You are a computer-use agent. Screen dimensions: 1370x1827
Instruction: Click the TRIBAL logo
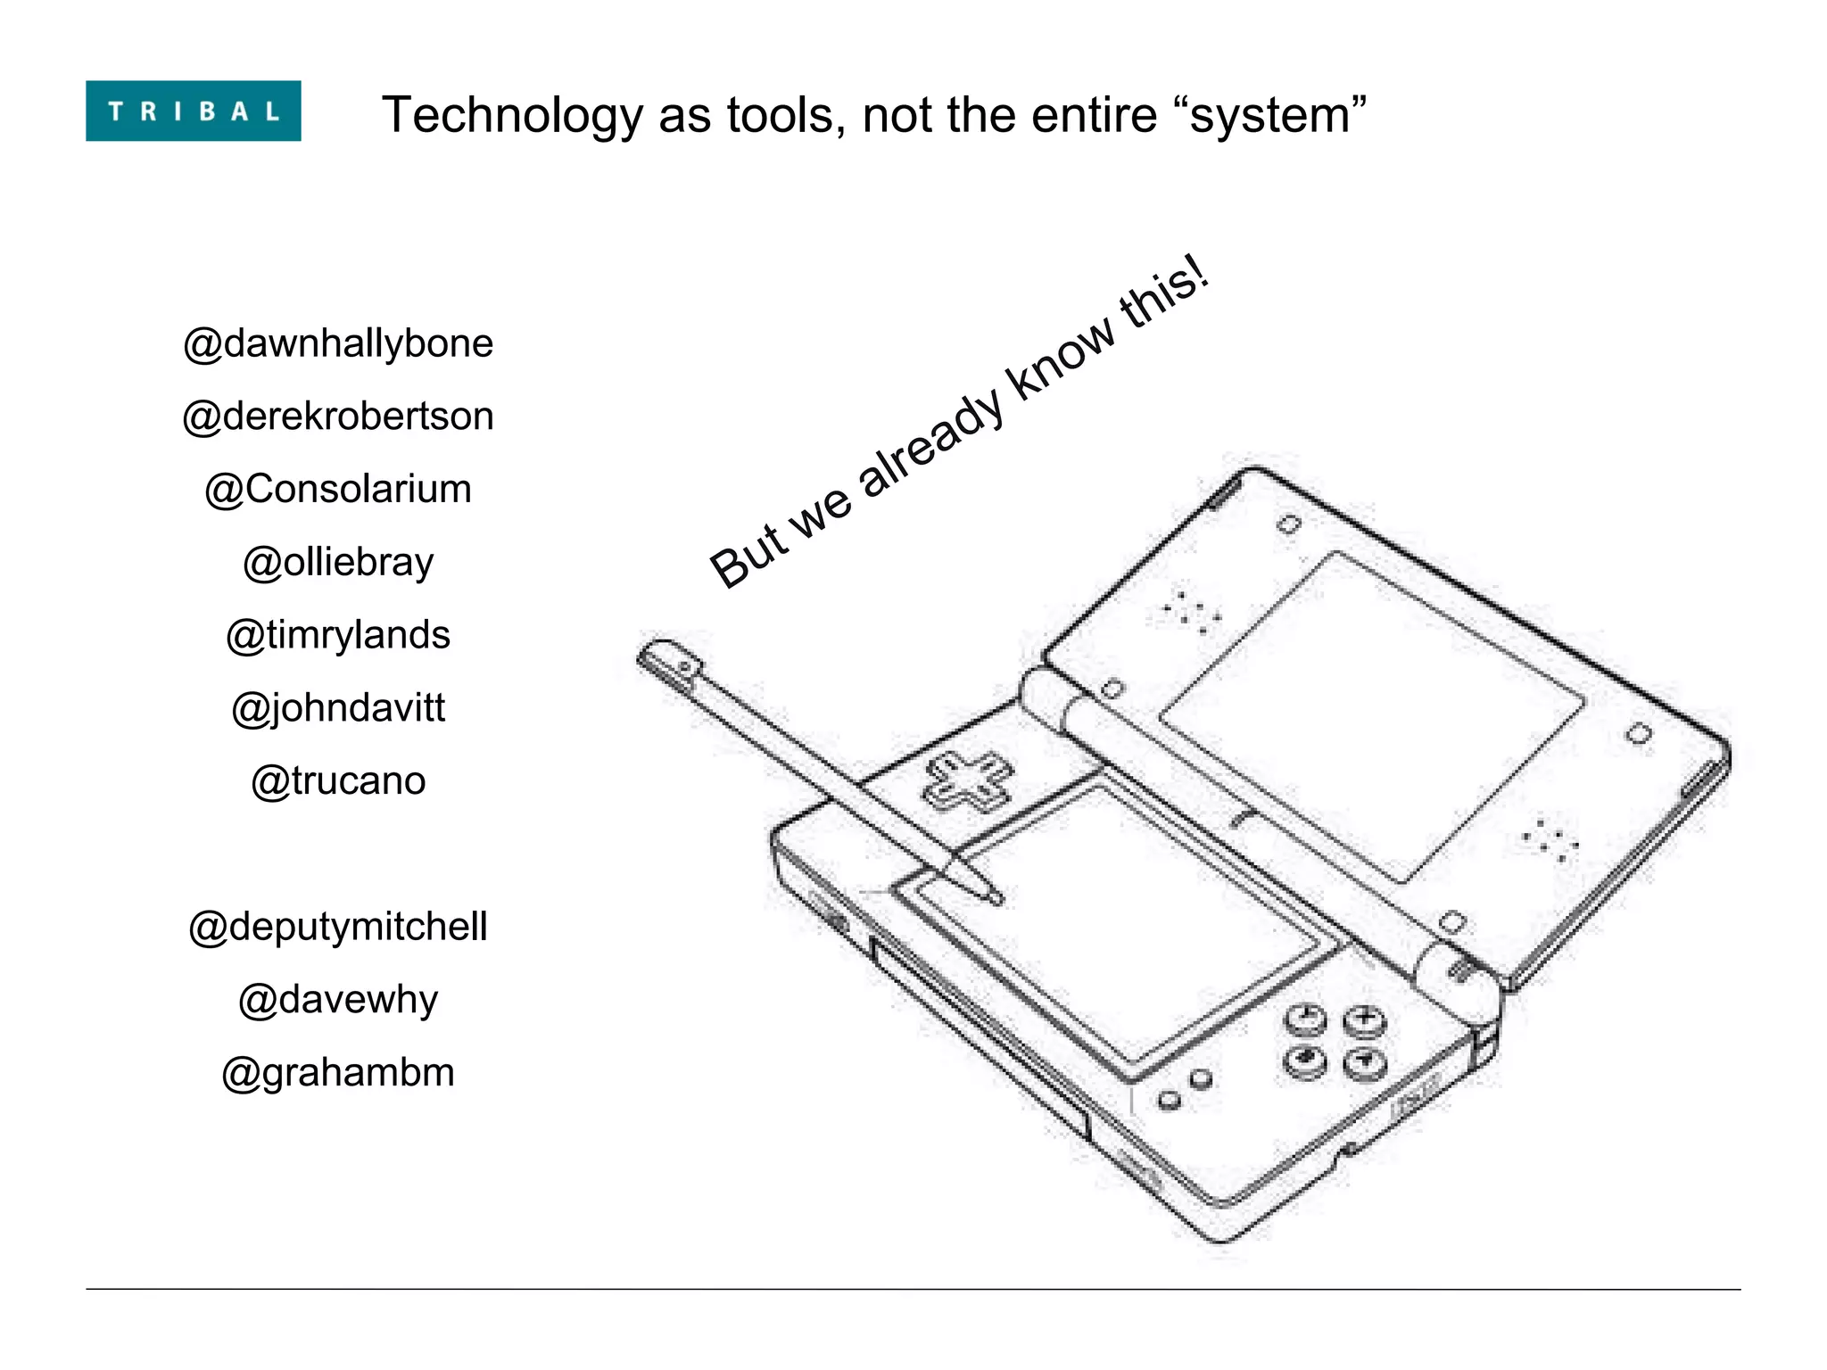pos(193,111)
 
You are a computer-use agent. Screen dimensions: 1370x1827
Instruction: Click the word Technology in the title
pos(512,116)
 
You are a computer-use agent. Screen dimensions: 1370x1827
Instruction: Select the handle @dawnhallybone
pos(338,343)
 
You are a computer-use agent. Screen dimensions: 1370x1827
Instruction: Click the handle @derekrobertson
pos(338,417)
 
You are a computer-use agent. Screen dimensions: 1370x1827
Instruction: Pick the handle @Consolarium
pos(338,490)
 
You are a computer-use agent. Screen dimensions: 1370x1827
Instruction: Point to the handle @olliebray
pos(338,563)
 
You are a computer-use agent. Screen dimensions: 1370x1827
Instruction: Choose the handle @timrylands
pos(338,635)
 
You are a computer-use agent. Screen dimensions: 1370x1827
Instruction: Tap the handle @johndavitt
pos(338,708)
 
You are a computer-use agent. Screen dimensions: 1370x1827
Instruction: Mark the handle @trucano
pos(338,781)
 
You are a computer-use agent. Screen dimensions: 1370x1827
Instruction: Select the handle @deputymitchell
pos(338,927)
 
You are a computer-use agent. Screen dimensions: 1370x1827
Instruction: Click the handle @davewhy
pos(338,1000)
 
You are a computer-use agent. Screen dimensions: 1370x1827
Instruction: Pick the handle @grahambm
pos(338,1073)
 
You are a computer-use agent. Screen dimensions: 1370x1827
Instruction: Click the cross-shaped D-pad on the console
pos(968,781)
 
